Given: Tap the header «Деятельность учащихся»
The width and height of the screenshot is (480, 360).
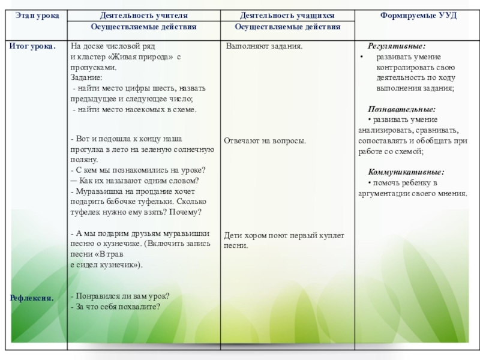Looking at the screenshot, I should point(287,14).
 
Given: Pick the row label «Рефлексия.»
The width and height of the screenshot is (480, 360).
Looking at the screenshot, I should point(32,297).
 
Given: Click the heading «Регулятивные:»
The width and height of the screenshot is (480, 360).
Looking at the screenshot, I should point(397,46).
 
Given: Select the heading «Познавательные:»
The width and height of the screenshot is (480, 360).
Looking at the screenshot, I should point(401,110).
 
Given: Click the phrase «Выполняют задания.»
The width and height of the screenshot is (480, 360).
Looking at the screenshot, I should point(264,46).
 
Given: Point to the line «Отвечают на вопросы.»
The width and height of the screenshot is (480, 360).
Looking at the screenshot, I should point(265,141).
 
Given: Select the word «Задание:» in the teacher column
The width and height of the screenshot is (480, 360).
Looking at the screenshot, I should point(86,77).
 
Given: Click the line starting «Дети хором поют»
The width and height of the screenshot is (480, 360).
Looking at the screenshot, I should point(284,235).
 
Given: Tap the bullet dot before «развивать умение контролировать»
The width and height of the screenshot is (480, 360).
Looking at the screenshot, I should point(361,57).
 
